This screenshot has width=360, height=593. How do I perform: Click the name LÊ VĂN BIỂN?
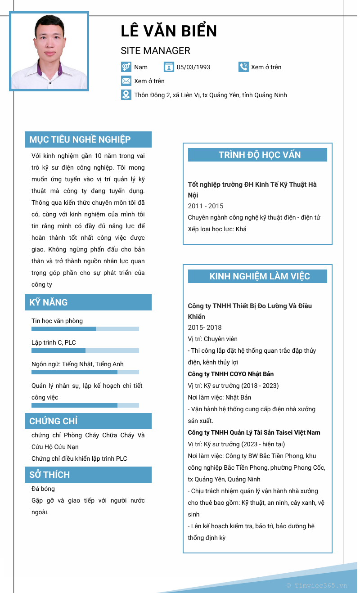tap(169, 31)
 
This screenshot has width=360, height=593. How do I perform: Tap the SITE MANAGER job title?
tap(155, 51)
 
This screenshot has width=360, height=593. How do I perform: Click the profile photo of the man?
tap(49, 52)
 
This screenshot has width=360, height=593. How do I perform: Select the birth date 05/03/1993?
tap(193, 67)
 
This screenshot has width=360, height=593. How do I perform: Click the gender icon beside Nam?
tap(126, 67)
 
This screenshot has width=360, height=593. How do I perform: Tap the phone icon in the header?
tap(243, 67)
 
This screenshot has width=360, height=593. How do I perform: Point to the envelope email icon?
tap(126, 81)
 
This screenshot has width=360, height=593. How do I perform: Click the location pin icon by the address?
tap(126, 95)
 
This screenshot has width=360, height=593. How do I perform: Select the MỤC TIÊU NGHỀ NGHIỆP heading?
tap(80, 139)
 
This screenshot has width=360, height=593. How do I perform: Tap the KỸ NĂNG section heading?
tap(49, 302)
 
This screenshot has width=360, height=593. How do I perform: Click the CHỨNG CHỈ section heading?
tap(54, 421)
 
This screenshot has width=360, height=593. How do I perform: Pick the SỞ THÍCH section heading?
tap(49, 475)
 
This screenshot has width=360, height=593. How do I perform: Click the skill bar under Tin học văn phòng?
tap(85, 329)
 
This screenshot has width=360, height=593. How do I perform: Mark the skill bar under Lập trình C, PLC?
tap(85, 350)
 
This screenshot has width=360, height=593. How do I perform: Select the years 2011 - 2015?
tap(206, 206)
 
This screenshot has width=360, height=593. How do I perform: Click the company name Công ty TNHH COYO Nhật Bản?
tap(230, 374)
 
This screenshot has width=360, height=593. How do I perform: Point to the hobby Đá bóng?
tap(43, 489)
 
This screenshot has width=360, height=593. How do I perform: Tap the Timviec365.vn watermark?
tap(317, 585)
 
